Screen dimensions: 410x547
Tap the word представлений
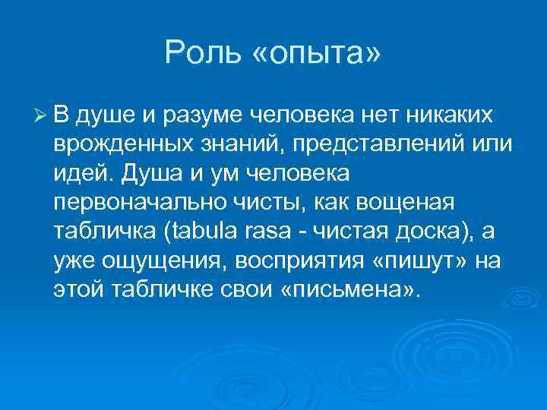(365, 145)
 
